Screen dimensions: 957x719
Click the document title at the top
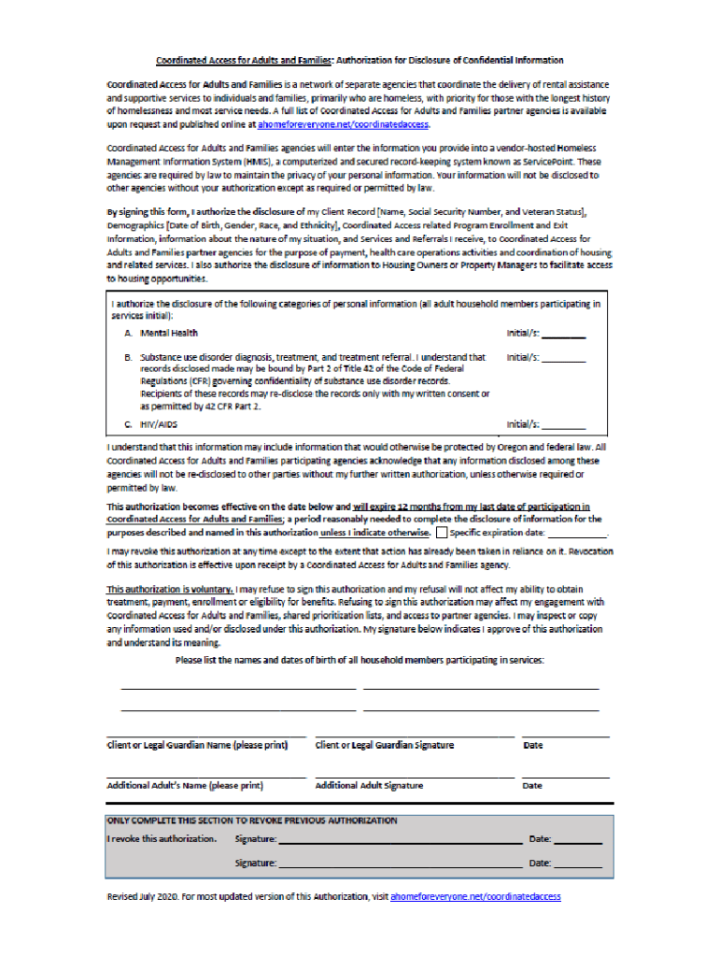coord(359,61)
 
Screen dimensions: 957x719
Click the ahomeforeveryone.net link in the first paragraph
coord(343,123)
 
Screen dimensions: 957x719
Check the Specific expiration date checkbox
coord(442,533)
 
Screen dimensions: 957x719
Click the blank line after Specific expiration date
coord(577,534)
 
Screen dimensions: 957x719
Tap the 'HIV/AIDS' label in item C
coord(159,424)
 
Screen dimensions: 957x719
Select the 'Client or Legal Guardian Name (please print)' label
coord(197,746)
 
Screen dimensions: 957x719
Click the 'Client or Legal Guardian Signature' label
coord(385,746)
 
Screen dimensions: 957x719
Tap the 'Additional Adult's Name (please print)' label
coord(185,786)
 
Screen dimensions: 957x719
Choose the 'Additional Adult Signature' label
coord(369,786)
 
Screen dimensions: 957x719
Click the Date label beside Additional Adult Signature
coord(532,786)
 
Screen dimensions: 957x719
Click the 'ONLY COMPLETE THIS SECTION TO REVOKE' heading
coord(252,821)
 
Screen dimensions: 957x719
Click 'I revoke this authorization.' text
coord(162,839)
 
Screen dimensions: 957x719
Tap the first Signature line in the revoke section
coord(400,840)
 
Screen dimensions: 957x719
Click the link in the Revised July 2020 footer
coord(475,896)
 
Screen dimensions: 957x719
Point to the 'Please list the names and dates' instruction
coord(359,661)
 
